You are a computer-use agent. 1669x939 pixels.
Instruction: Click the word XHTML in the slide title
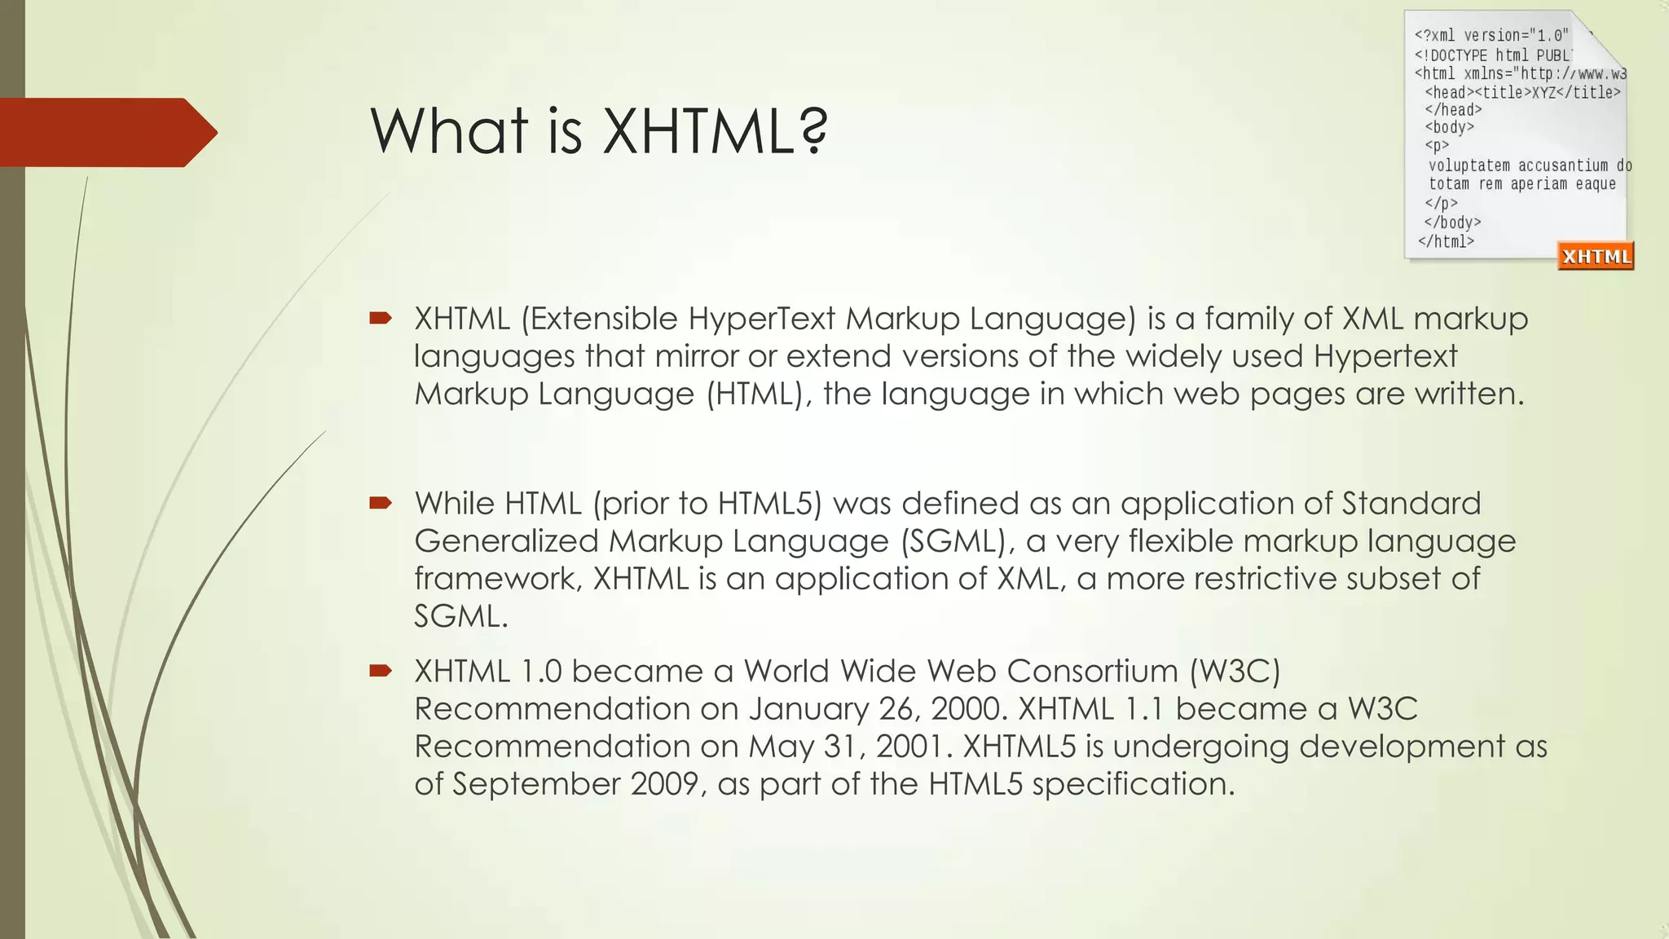click(x=696, y=132)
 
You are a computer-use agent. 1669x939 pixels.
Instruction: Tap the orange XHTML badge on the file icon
click(x=1596, y=257)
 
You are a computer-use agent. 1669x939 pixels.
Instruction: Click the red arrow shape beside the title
click(x=106, y=132)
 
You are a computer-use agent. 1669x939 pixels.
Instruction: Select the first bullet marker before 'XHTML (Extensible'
click(x=380, y=318)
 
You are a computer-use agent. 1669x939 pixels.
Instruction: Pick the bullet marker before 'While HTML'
click(x=380, y=503)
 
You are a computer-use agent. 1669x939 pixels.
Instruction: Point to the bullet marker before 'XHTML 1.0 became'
click(x=380, y=671)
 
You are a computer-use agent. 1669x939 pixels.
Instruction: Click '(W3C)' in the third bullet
click(x=1235, y=672)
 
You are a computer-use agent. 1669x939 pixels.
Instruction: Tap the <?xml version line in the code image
click(x=1491, y=36)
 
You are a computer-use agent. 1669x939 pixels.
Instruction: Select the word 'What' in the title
click(x=449, y=132)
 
